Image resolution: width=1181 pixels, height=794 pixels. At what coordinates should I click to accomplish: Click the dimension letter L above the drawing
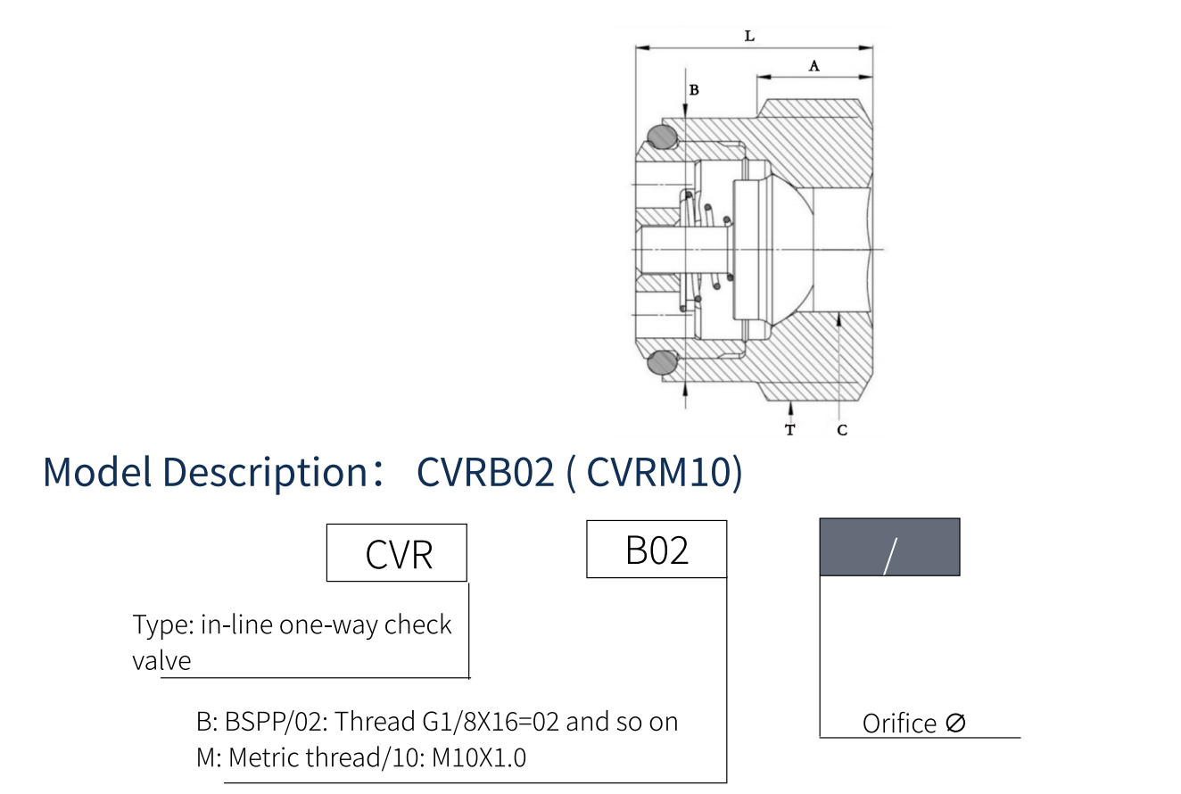[x=749, y=37]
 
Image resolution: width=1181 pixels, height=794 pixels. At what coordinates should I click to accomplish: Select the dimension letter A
[x=813, y=65]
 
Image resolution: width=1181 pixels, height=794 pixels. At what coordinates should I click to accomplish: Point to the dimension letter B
[x=694, y=90]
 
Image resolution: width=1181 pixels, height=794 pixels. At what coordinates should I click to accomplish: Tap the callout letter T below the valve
[x=789, y=430]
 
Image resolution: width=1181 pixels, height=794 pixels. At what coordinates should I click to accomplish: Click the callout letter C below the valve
[x=842, y=430]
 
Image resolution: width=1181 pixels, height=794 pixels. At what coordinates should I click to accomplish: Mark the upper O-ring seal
[x=662, y=136]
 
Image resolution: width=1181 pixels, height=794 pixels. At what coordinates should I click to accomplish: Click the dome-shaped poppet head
[x=785, y=248]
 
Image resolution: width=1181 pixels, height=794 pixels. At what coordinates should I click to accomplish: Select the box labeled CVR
[x=397, y=553]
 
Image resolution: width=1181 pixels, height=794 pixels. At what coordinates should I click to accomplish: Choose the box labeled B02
[x=657, y=550]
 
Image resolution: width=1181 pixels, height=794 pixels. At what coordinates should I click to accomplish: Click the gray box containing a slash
[x=889, y=547]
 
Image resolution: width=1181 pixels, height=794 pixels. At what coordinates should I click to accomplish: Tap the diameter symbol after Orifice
[x=955, y=723]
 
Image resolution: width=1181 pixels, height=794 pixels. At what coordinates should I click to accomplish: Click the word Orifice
[x=899, y=723]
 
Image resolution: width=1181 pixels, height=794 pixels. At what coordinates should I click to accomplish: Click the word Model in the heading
[x=97, y=472]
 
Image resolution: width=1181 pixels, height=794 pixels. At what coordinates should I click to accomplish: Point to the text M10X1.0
[x=479, y=757]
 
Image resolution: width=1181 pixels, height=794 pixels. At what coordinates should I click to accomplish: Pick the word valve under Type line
[x=161, y=661]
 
